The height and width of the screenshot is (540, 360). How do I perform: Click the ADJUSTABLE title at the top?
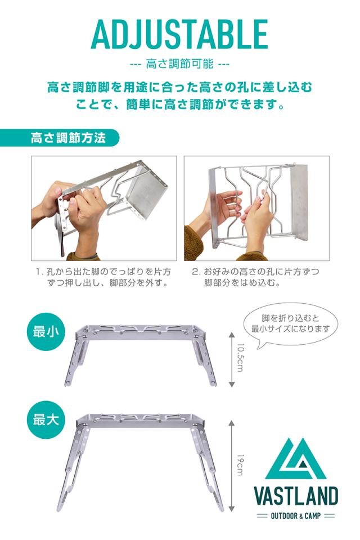click(x=179, y=34)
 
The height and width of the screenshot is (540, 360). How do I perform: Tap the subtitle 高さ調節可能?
click(x=180, y=64)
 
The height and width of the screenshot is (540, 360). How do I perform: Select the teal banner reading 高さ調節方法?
click(x=59, y=138)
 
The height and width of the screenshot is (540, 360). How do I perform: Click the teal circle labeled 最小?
click(x=46, y=331)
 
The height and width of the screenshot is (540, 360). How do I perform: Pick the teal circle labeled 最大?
click(x=46, y=420)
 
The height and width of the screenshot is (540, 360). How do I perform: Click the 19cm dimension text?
click(x=240, y=465)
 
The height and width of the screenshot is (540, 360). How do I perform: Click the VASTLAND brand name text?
click(x=296, y=496)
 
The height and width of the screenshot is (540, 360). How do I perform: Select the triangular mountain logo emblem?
click(x=295, y=459)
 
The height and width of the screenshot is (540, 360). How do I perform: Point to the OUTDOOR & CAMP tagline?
click(x=296, y=516)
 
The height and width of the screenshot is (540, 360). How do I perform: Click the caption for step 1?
click(x=103, y=277)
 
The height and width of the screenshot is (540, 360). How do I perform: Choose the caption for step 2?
click(x=255, y=277)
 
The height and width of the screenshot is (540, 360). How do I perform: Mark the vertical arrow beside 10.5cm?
click(x=232, y=359)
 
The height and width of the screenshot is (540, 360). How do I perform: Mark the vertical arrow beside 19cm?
click(x=232, y=466)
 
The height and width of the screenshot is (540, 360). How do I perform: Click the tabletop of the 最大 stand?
click(x=138, y=420)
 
